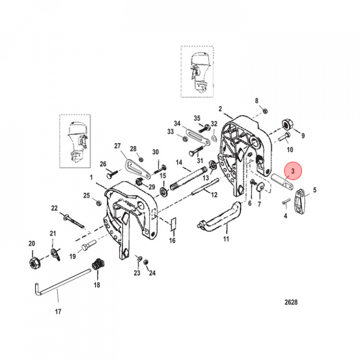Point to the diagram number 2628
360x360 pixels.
coord(290,302)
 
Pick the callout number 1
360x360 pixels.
coord(91,177)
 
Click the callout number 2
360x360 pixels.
coord(220,108)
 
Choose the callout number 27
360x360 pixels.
coord(117,146)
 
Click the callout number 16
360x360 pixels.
coord(172,241)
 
